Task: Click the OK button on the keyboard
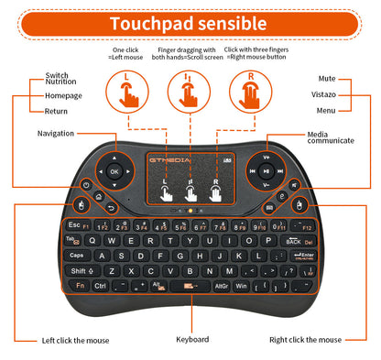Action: click(x=114, y=170)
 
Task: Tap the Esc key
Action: click(x=72, y=225)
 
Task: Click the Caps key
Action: click(x=77, y=256)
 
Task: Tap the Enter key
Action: click(x=305, y=256)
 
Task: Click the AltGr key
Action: click(x=221, y=287)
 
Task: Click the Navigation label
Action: click(x=56, y=134)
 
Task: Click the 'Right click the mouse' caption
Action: click(x=305, y=340)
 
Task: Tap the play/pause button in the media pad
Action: click(x=264, y=170)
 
